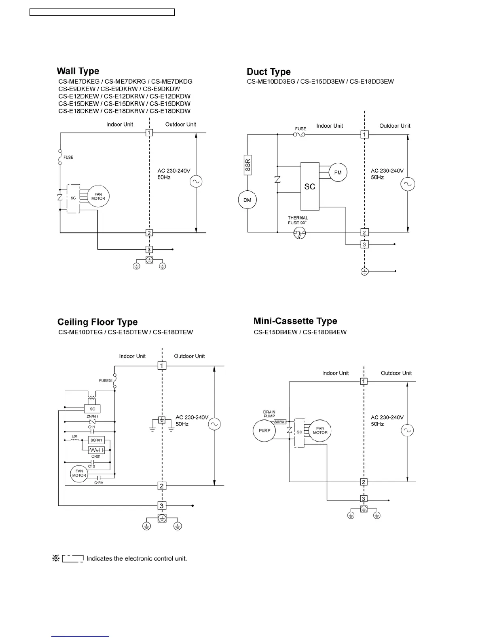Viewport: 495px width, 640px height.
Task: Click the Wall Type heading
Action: [x=78, y=71]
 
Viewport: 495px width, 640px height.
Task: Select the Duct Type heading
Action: [x=269, y=72]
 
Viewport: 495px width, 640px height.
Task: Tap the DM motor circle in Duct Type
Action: [x=247, y=200]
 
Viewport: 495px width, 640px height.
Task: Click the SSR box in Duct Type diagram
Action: [x=248, y=165]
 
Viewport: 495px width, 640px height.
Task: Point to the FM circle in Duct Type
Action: [x=338, y=173]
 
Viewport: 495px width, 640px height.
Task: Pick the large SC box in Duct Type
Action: [x=310, y=186]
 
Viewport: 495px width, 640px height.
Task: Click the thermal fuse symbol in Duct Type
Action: [x=300, y=233]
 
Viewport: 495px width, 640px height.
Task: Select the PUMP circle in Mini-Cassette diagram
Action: [x=264, y=431]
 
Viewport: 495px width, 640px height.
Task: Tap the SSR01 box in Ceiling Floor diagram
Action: [x=96, y=440]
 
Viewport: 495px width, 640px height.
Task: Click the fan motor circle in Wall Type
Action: [x=98, y=197]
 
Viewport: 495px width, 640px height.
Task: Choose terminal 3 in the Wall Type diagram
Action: [x=149, y=250]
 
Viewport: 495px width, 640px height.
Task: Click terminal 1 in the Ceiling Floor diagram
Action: [x=162, y=366]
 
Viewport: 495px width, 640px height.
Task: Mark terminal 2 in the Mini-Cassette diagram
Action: [x=364, y=482]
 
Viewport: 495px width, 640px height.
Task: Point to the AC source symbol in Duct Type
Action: [x=407, y=184]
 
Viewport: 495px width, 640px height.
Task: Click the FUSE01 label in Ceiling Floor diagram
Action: [x=106, y=381]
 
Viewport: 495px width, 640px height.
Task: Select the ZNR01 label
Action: [x=92, y=417]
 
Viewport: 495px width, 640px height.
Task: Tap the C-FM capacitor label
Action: [x=99, y=482]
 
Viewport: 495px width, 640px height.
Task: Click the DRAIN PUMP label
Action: [x=269, y=414]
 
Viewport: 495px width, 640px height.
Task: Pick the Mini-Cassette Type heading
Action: [x=295, y=321]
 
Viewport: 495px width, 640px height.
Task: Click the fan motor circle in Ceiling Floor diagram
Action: [x=79, y=473]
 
